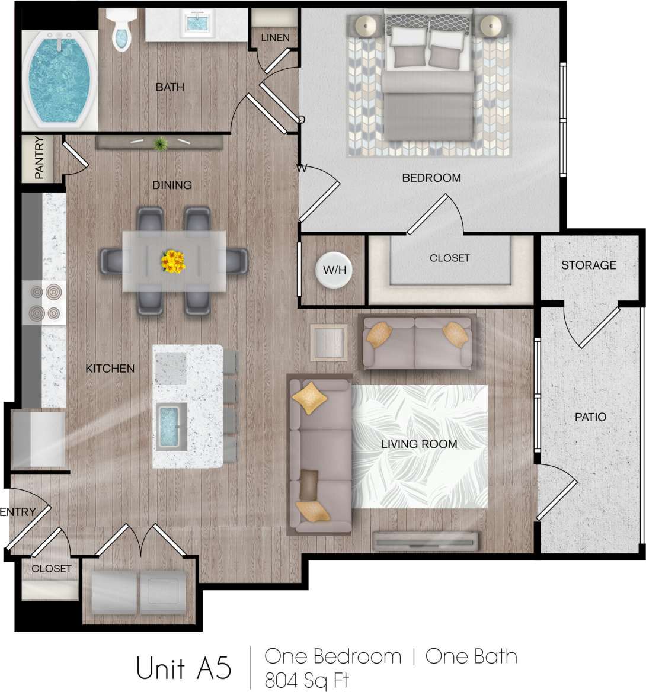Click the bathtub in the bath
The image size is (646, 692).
58,79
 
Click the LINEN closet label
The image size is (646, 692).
275,38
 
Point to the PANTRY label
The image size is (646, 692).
39,159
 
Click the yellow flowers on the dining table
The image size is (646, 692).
173,261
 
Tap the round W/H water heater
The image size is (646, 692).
334,271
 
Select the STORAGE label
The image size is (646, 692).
589,265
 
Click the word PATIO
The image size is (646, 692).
590,417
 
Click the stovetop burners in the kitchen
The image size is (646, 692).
45,302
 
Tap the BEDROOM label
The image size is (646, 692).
431,178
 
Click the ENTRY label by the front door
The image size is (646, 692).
18,512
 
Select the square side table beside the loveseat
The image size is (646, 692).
328,342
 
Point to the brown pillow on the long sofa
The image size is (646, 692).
309,485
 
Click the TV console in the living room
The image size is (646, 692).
425,540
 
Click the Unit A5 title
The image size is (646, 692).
183,668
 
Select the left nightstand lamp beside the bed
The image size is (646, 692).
366,25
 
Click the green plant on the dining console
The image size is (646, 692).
160,144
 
